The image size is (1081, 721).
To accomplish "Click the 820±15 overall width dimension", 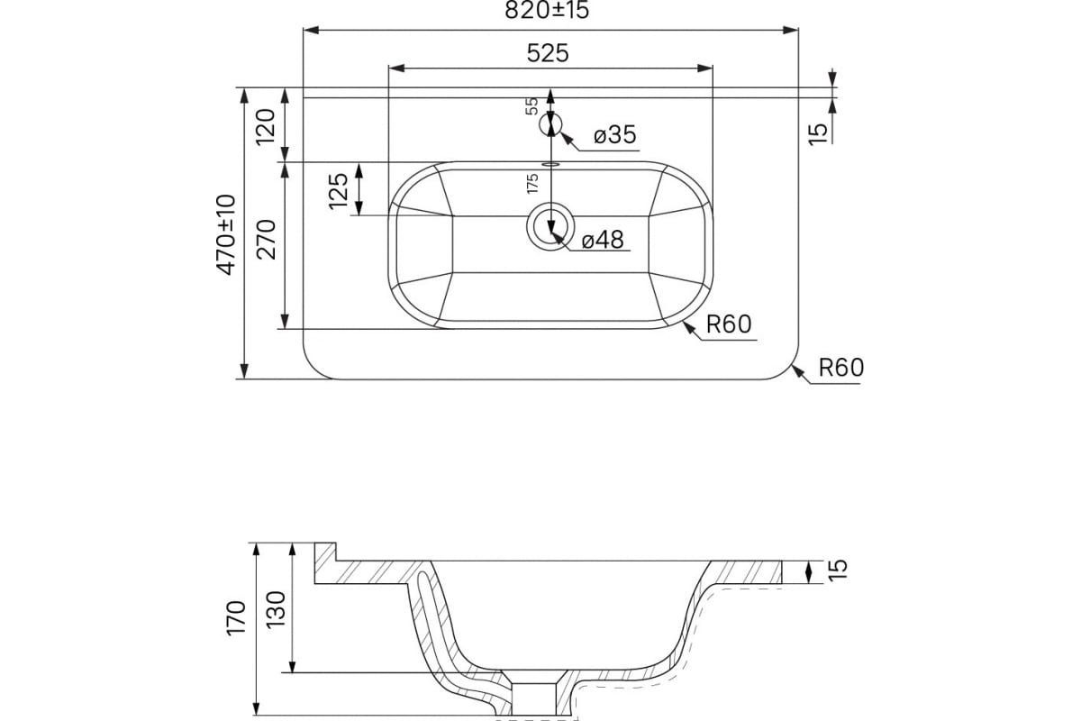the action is pyautogui.click(x=547, y=10).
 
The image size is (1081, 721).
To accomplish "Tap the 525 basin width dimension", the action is pyautogui.click(x=548, y=53).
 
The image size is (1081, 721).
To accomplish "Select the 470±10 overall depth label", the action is pyautogui.click(x=226, y=234).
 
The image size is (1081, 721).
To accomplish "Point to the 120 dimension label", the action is pyautogui.click(x=266, y=127).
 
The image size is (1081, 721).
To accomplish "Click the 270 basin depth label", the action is pyautogui.click(x=266, y=240).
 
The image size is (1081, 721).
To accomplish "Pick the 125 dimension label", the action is pyautogui.click(x=339, y=191).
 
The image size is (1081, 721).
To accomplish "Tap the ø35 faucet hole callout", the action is pyautogui.click(x=614, y=134).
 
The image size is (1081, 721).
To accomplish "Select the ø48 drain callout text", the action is pyautogui.click(x=603, y=240).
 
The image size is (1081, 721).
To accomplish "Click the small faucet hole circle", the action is pyautogui.click(x=550, y=124).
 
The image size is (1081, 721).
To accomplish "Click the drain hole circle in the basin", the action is pyautogui.click(x=550, y=226).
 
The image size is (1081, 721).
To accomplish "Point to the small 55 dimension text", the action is pyautogui.click(x=531, y=105).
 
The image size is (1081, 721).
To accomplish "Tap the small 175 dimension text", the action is pyautogui.click(x=532, y=184).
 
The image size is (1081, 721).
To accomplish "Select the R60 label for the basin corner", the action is pyautogui.click(x=729, y=324).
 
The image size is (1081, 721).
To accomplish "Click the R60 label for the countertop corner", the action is pyautogui.click(x=841, y=368).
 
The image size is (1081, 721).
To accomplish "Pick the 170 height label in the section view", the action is pyautogui.click(x=236, y=618).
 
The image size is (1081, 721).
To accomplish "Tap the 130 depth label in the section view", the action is pyautogui.click(x=276, y=609).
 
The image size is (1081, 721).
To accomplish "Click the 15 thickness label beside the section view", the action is pyautogui.click(x=840, y=570).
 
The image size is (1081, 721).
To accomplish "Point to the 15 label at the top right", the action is pyautogui.click(x=818, y=133).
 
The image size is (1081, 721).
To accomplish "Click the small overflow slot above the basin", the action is pyautogui.click(x=550, y=164).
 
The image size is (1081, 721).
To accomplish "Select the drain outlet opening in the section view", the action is pyautogui.click(x=533, y=698).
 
